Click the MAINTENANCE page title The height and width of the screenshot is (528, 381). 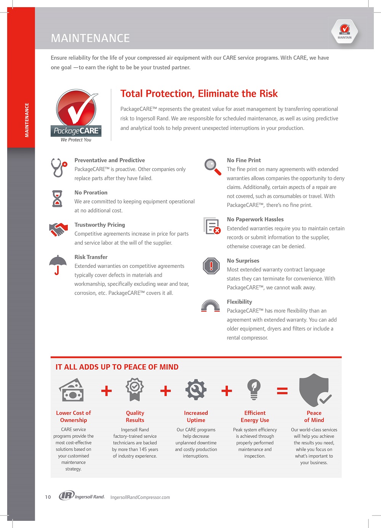[x=90, y=38]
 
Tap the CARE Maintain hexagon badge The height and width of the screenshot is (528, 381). [x=344, y=31]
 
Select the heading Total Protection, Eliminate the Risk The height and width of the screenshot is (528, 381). [x=199, y=94]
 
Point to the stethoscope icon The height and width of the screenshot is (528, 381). [x=59, y=168]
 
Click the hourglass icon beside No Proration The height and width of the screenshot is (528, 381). [x=57, y=198]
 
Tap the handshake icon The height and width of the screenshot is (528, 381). [x=58, y=229]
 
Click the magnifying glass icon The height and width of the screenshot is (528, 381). [x=212, y=167]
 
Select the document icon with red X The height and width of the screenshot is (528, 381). [x=212, y=226]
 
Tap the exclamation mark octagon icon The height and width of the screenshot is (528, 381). [x=211, y=266]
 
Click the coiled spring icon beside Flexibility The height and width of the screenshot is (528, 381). [x=210, y=306]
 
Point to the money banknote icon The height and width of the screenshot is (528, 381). [x=71, y=390]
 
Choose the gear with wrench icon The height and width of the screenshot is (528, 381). [x=196, y=389]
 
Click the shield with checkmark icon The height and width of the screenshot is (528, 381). [x=315, y=390]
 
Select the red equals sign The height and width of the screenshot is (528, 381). [x=282, y=390]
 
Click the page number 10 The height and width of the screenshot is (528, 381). [x=48, y=497]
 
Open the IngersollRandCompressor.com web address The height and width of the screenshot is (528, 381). [x=140, y=497]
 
